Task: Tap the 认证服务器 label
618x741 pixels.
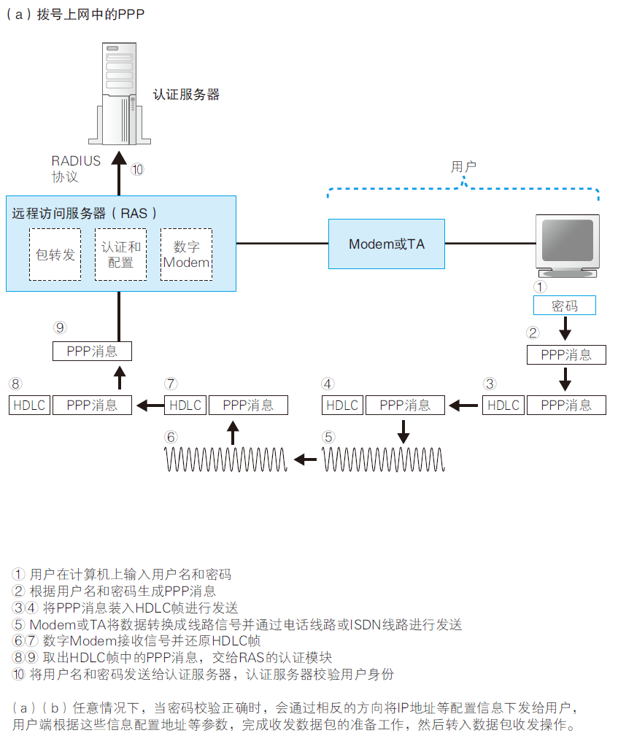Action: tap(186, 95)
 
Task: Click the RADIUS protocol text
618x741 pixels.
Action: tap(75, 169)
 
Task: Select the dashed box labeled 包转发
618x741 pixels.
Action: tap(55, 255)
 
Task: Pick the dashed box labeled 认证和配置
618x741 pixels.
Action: tap(120, 255)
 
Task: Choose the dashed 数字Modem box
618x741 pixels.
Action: tap(186, 255)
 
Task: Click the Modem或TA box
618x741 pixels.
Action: tap(386, 244)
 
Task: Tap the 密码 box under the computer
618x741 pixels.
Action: tap(564, 306)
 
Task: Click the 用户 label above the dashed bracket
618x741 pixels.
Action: tap(463, 167)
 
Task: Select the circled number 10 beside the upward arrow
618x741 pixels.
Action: tap(137, 169)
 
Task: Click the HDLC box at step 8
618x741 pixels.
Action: tap(29, 405)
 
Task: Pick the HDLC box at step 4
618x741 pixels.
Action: tap(342, 405)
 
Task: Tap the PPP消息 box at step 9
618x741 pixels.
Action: tap(92, 351)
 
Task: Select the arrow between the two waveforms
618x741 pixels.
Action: tap(305, 459)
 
